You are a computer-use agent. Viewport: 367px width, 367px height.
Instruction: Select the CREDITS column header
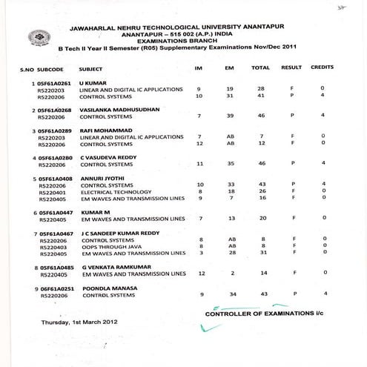[323, 68]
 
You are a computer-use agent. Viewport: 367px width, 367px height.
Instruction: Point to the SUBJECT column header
[92, 68]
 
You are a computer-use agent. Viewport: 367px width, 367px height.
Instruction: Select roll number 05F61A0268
[53, 110]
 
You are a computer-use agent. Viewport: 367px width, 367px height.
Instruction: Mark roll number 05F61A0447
[53, 213]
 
